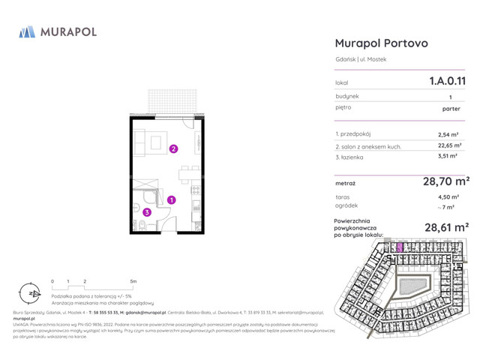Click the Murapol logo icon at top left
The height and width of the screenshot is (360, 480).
(x=27, y=31)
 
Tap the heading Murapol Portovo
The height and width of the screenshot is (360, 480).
(x=381, y=43)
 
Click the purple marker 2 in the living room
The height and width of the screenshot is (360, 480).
(x=173, y=148)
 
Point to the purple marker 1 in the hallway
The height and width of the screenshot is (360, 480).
(x=171, y=200)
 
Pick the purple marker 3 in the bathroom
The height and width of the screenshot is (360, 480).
(x=147, y=212)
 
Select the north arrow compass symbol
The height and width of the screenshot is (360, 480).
(x=28, y=293)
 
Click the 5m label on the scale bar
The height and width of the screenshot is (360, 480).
(x=133, y=281)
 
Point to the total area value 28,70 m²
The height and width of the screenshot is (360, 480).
(x=447, y=181)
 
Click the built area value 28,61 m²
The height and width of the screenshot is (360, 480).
(x=447, y=226)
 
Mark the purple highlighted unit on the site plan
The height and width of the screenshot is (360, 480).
(x=400, y=247)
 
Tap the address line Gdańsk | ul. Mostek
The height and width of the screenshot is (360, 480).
(x=361, y=59)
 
